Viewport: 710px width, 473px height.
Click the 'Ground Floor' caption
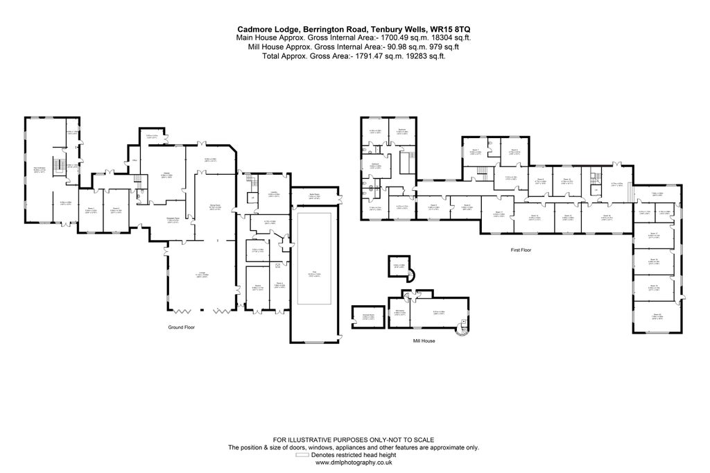pos(183,327)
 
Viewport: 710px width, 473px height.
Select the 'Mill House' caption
pos(424,341)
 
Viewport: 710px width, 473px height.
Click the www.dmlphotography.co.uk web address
pos(354,463)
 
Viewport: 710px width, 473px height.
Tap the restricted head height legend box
pos(303,456)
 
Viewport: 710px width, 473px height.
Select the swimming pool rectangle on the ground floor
pos(316,258)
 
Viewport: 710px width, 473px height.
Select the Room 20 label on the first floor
pos(656,316)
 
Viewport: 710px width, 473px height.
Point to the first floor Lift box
pos(594,189)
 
